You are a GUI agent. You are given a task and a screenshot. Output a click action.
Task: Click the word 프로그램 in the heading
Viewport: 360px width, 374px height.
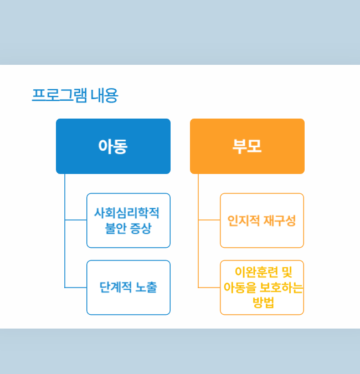[x=59, y=95]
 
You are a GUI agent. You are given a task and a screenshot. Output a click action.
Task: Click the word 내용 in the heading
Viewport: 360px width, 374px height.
[x=105, y=95]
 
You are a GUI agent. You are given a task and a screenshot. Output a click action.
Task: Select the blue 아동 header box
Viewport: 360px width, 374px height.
[x=113, y=146]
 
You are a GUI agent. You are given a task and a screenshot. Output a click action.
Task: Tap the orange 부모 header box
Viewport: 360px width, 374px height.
[x=247, y=146]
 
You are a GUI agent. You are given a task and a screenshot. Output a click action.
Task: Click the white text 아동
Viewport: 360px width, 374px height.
[x=113, y=146]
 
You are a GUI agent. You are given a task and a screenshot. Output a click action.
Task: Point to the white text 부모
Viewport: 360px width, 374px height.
[x=247, y=146]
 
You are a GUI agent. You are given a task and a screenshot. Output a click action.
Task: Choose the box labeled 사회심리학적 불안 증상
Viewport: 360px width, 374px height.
[x=128, y=221]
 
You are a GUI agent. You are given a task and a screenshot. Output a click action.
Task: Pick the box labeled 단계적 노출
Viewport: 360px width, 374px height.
[x=128, y=288]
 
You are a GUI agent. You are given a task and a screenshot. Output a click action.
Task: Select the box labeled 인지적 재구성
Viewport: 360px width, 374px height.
[x=262, y=221]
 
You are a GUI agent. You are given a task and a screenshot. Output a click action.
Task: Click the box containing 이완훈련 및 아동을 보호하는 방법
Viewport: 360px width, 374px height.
[x=262, y=288]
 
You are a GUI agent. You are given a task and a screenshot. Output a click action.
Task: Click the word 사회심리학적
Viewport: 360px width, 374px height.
[x=127, y=213]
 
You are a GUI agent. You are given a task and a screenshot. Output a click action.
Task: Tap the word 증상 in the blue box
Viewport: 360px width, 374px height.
[x=141, y=228]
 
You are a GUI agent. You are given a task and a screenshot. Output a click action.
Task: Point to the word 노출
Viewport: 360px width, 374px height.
[x=146, y=287]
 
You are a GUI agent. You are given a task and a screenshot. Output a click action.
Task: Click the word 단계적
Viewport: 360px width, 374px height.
[x=115, y=287]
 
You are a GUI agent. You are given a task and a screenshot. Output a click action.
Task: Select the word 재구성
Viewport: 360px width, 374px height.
[x=280, y=221]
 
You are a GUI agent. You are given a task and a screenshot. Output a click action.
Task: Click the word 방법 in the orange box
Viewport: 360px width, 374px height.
[x=263, y=303]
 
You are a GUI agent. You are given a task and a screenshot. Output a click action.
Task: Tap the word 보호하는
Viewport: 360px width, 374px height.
[x=281, y=288]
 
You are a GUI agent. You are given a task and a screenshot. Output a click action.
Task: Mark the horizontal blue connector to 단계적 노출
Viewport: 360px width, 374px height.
[x=75, y=288]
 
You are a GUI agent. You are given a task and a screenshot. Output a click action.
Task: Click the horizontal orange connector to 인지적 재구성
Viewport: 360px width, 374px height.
[x=209, y=220]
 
